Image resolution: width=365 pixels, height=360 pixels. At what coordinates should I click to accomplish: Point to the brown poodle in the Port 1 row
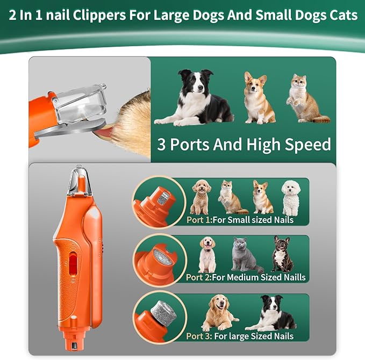pos(202,197)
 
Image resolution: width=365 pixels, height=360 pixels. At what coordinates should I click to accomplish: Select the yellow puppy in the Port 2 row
pos(207,254)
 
